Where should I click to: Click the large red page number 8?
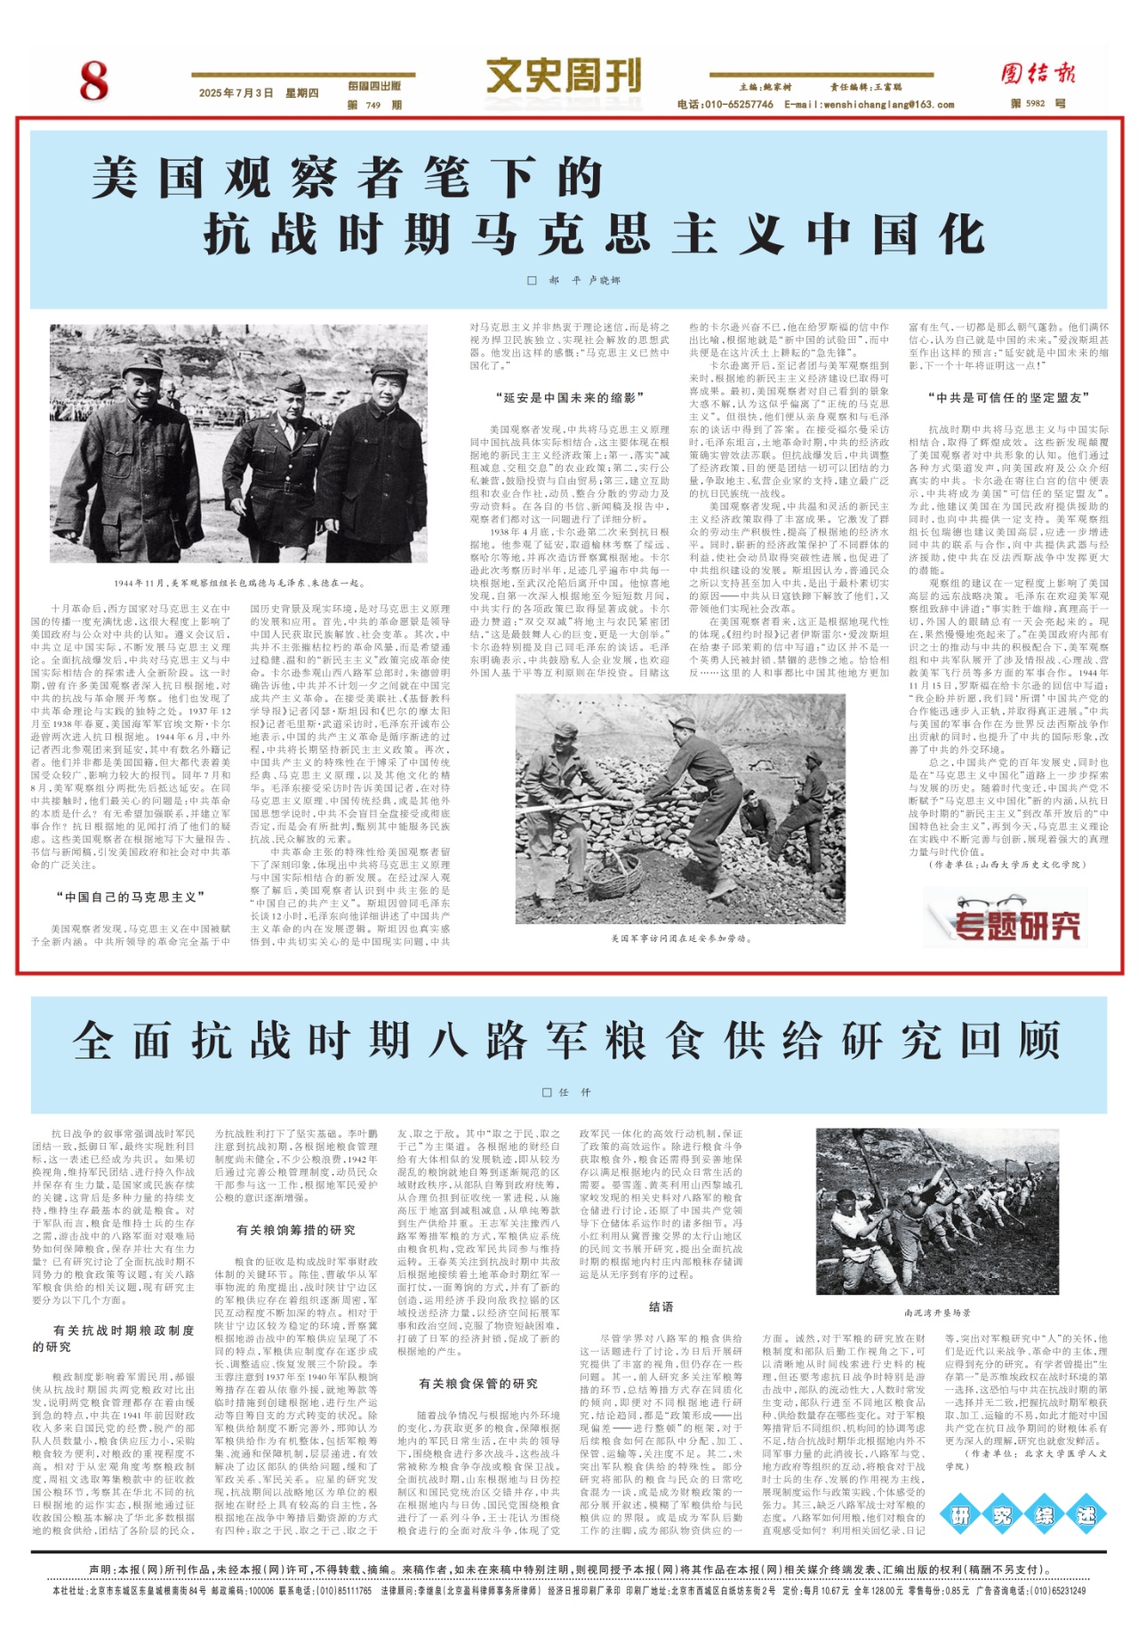[93, 81]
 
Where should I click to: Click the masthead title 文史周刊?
[563, 76]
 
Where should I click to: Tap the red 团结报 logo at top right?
[1038, 74]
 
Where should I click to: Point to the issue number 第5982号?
[1038, 104]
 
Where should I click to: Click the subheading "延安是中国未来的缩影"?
[569, 397]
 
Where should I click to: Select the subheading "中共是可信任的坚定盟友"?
[1009, 397]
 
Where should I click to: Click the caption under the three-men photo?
[239, 584]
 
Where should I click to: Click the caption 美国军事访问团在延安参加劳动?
[680, 938]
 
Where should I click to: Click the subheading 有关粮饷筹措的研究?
[295, 1230]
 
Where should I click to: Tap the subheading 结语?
[661, 1306]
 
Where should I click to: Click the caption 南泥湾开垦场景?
[936, 1313]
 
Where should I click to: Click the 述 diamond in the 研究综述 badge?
[1086, 1515]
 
